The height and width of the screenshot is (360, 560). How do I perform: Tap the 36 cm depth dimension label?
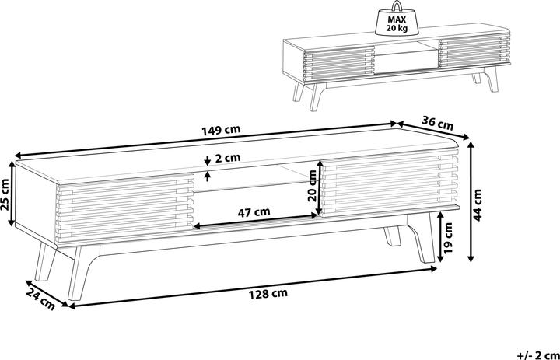(437, 122)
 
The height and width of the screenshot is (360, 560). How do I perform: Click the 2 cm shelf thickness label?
(228, 158)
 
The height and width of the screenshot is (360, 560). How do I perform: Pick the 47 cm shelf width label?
(254, 211)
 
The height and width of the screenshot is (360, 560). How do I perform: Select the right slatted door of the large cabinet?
(389, 187)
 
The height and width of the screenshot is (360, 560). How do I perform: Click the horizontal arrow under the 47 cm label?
(257, 223)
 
